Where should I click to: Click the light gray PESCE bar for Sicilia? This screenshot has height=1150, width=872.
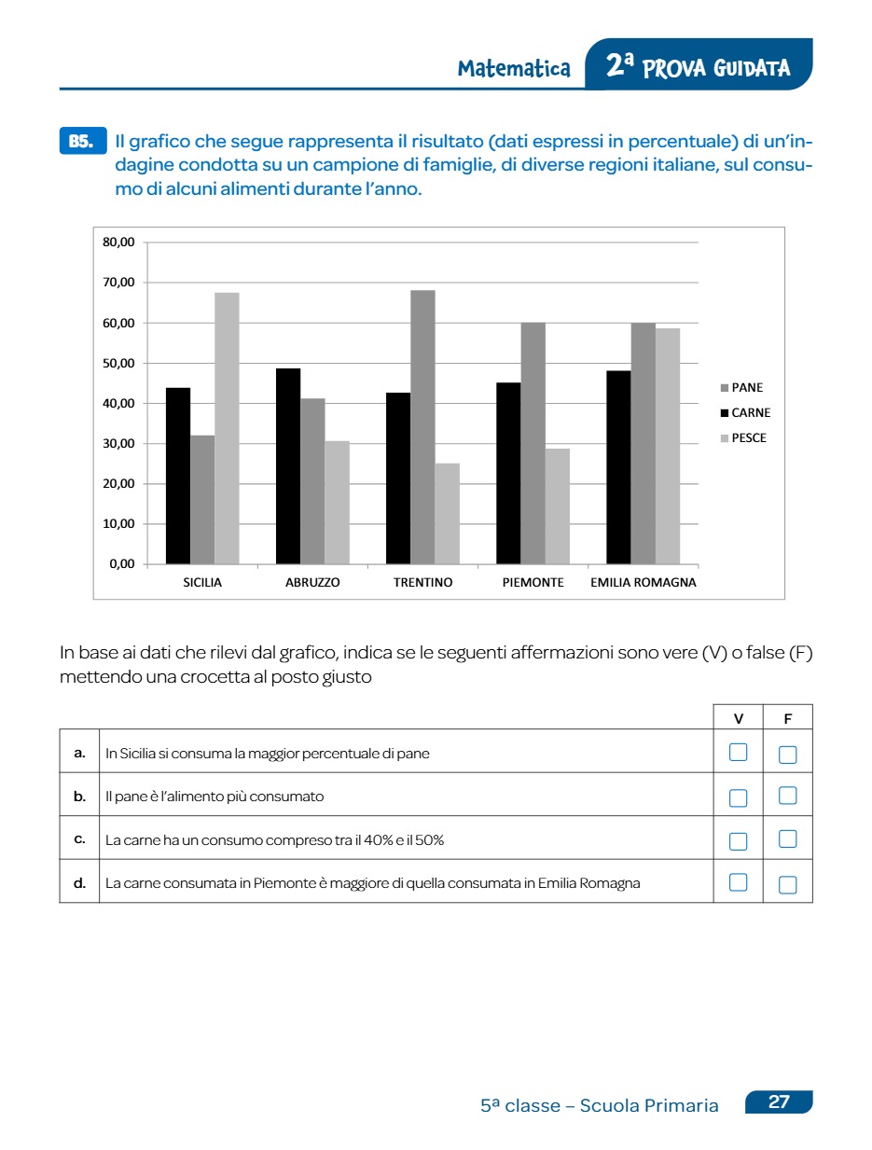[227, 428]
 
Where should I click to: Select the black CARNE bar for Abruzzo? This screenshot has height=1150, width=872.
[288, 466]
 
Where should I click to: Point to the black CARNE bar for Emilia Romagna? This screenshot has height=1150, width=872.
[618, 467]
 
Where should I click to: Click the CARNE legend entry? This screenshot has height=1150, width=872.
[745, 412]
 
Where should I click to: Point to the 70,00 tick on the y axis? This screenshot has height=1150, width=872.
[118, 283]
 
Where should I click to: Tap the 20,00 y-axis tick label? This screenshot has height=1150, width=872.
[118, 484]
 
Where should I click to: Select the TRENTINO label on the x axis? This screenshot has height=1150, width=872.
[422, 582]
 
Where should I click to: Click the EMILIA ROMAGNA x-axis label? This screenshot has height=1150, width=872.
[644, 582]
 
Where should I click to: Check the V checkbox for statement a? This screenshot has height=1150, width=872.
[738, 753]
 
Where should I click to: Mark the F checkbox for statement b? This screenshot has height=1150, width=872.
[787, 796]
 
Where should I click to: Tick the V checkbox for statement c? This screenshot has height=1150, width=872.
[738, 840]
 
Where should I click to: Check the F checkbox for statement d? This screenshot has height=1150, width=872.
[787, 883]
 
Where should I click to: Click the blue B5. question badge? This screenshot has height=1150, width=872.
[82, 141]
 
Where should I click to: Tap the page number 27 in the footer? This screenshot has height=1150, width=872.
[779, 1102]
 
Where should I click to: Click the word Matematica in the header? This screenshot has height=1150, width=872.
[514, 68]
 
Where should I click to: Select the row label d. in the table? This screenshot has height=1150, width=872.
[79, 882]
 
